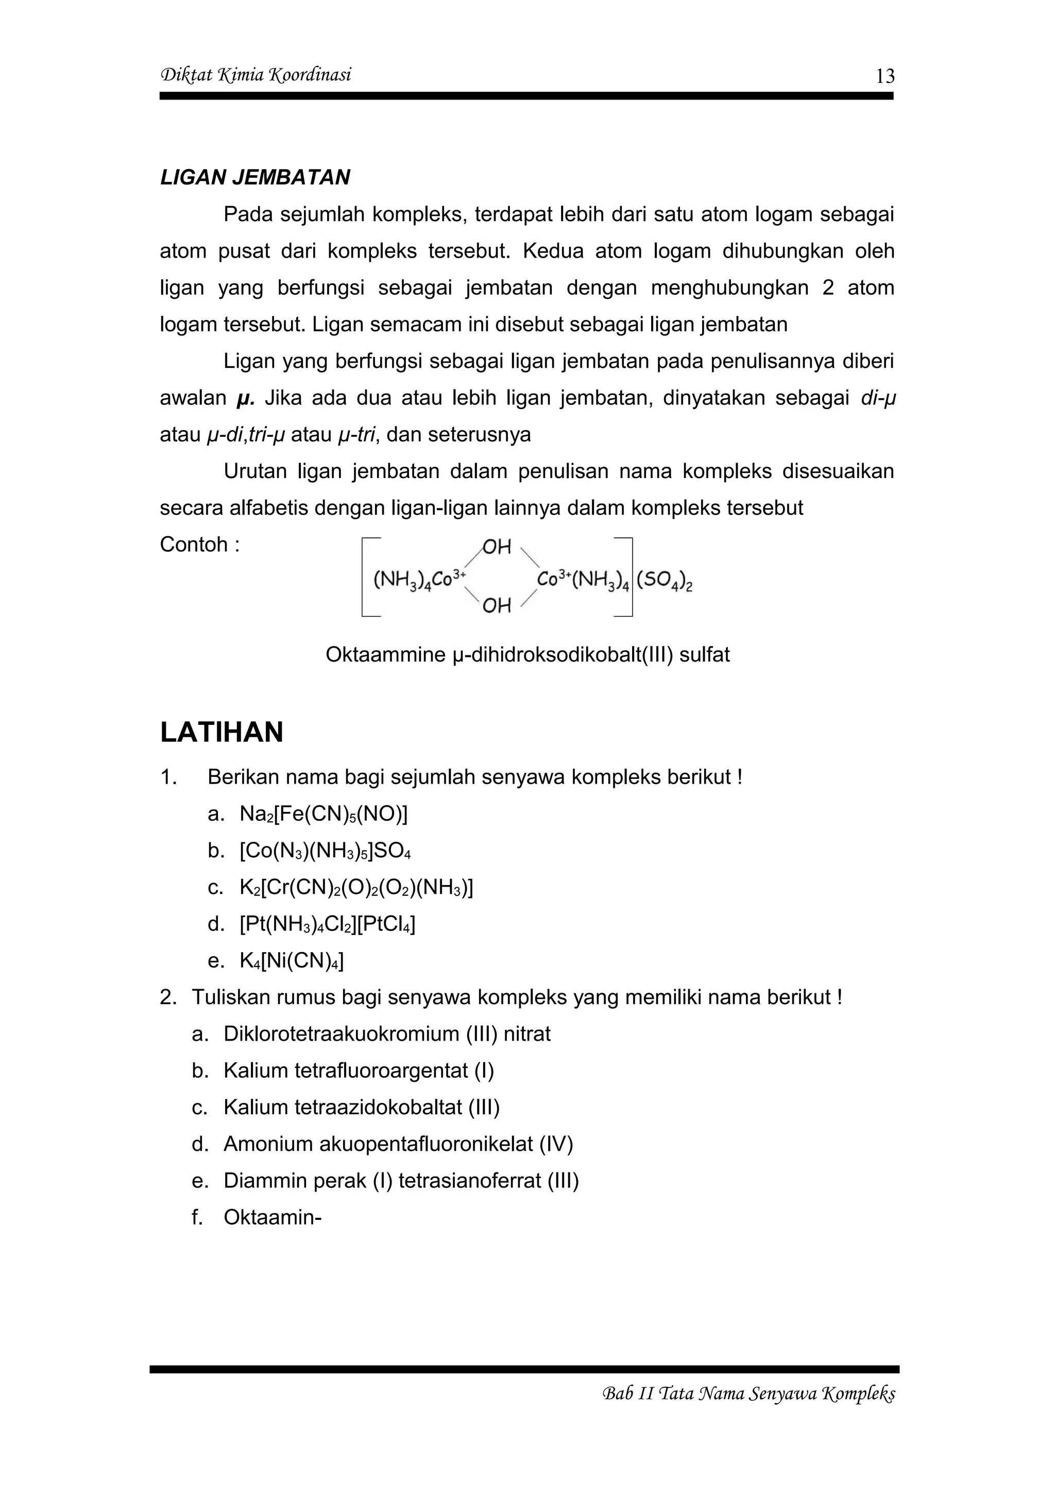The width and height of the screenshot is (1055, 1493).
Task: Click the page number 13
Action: click(884, 77)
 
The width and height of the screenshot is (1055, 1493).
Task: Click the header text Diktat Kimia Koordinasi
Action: click(256, 75)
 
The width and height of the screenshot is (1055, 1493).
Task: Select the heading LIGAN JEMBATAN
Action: click(255, 178)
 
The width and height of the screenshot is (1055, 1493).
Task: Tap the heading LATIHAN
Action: click(222, 732)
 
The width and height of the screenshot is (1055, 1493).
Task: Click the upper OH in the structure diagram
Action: click(497, 547)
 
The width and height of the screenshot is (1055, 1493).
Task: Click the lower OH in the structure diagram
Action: click(497, 606)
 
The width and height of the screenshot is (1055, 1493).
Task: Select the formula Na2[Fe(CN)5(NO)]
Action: click(323, 814)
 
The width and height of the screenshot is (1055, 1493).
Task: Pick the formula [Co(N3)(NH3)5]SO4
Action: click(325, 851)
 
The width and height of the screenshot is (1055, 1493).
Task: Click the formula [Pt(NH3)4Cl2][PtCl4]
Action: click(327, 924)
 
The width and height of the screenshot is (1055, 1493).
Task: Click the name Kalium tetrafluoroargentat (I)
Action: click(358, 1071)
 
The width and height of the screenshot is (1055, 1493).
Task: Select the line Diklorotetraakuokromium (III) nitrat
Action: click(387, 1034)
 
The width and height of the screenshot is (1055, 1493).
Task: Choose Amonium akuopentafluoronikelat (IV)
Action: click(398, 1144)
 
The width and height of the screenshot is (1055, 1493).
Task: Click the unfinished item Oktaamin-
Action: click(273, 1217)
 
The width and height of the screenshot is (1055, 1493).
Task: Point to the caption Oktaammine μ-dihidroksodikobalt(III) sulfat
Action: click(527, 654)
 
